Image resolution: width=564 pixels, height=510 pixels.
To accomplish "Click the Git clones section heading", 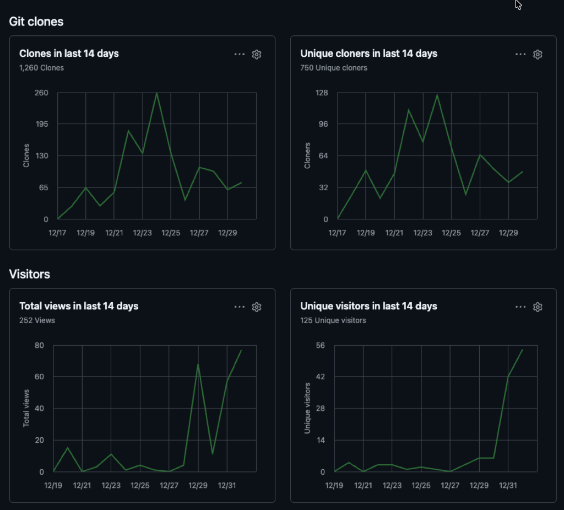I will [36, 22].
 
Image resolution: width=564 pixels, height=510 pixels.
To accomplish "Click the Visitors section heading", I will [30, 274].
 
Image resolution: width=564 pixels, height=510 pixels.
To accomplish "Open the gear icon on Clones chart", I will [256, 54].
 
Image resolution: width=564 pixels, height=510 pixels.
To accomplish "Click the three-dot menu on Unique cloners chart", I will [520, 54].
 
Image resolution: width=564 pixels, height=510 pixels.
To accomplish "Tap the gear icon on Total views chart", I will [256, 307].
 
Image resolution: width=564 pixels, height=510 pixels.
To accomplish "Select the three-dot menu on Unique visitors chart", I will [520, 307].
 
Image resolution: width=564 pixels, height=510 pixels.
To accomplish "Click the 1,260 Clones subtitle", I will [41, 68].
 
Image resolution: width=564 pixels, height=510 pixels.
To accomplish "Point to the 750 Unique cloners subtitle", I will [333, 68].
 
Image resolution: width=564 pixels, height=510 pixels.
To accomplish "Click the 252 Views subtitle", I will [37, 320].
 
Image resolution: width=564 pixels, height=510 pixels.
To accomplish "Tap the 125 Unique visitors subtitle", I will [333, 320].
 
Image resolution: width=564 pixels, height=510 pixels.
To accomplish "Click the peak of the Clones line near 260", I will [157, 93].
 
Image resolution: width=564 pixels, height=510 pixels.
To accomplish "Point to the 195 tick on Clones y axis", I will [42, 124].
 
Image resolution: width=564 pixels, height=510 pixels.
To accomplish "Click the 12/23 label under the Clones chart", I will [143, 233].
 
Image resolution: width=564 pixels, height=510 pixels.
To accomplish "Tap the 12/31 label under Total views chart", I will [227, 485].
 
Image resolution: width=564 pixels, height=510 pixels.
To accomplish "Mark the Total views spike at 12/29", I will [198, 364].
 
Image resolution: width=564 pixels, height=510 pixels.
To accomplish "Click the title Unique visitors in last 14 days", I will [368, 306].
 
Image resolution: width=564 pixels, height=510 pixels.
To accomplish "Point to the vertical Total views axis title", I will [26, 408].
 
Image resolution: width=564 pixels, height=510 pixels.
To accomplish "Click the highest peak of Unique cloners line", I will [437, 95].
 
